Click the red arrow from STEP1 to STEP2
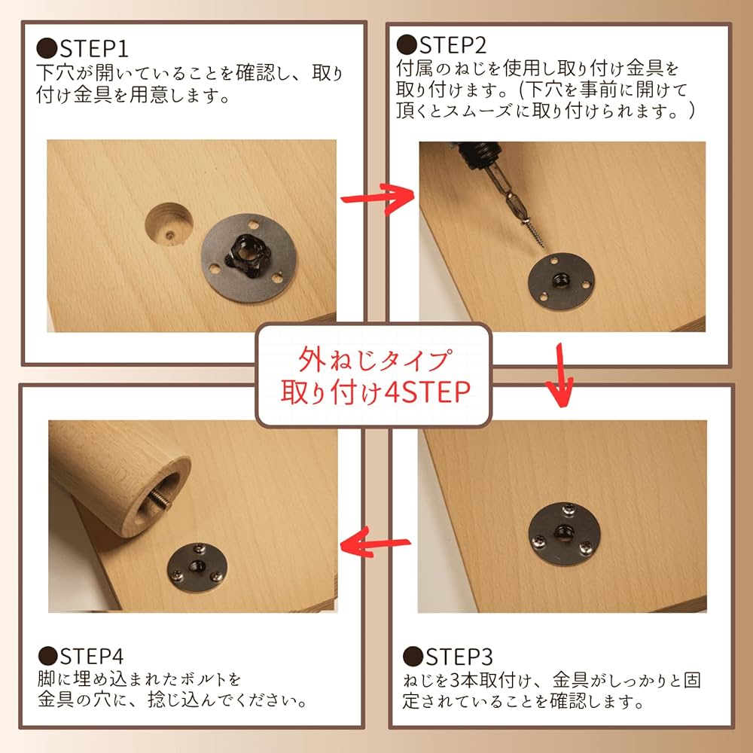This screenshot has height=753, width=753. [376, 197]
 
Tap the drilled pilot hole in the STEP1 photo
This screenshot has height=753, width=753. [169, 224]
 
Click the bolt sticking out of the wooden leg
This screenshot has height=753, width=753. [160, 497]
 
